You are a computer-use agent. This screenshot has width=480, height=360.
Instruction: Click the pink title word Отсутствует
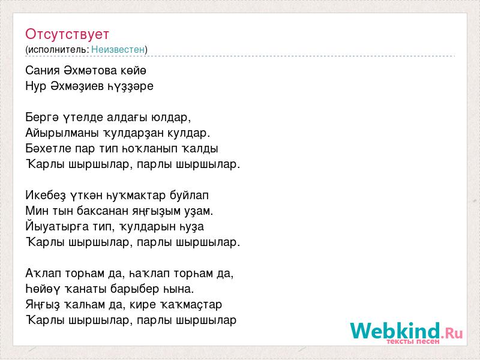[67, 34]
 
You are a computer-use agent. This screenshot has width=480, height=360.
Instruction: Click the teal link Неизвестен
[118, 49]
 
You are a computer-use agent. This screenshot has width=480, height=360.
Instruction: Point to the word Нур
[35, 86]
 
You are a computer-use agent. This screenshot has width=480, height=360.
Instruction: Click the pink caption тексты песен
[413, 341]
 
